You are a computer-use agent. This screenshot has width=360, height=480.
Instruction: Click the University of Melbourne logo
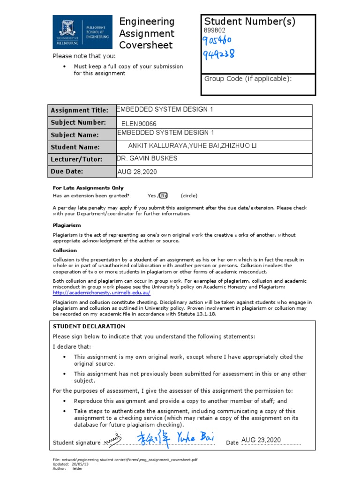pyautogui.click(x=82, y=31)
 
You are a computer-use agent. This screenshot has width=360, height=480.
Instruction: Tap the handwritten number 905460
pyautogui.click(x=217, y=41)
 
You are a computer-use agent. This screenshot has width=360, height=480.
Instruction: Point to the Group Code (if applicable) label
pyautogui.click(x=247, y=79)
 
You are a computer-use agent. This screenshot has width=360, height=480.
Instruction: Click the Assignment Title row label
pyautogui.click(x=79, y=111)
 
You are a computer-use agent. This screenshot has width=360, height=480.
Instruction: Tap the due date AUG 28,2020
pyautogui.click(x=137, y=172)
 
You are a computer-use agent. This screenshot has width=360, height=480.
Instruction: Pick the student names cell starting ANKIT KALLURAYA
pyautogui.click(x=192, y=147)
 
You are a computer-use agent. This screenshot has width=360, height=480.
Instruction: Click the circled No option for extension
pyautogui.click(x=163, y=195)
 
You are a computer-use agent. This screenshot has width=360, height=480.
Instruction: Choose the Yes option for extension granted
pyautogui.click(x=151, y=195)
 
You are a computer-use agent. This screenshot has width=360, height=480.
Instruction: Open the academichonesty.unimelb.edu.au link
pyautogui.click(x=101, y=292)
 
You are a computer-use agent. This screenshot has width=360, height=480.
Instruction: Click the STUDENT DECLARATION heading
pyautogui.click(x=89, y=326)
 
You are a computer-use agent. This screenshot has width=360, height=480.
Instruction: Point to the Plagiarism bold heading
pyautogui.click(x=67, y=225)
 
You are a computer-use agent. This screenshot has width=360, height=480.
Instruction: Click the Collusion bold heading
pyautogui.click(x=65, y=250)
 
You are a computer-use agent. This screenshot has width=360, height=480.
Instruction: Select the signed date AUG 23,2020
pyautogui.click(x=261, y=440)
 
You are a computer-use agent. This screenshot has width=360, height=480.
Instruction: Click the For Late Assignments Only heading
pyautogui.click(x=88, y=188)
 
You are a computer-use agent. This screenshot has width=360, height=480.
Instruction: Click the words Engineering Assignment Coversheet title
pyautogui.click(x=147, y=33)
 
